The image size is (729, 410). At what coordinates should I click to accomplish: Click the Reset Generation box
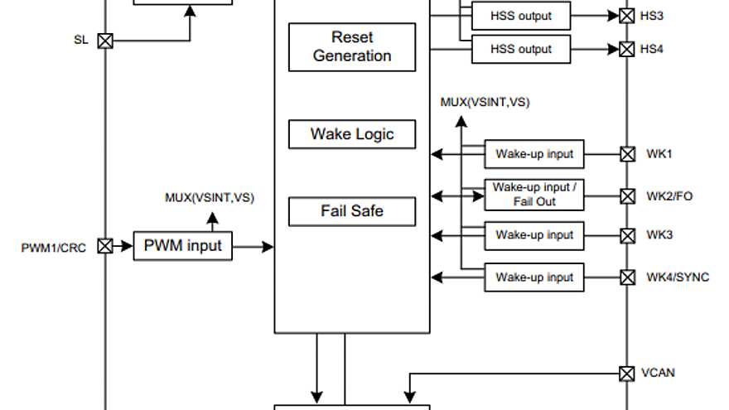click(x=352, y=47)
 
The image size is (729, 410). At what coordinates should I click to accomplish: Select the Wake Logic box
click(x=352, y=134)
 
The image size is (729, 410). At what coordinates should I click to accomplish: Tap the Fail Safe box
click(x=352, y=211)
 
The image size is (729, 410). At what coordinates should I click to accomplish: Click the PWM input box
click(x=183, y=246)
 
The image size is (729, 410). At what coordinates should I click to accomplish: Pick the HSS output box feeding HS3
click(x=521, y=16)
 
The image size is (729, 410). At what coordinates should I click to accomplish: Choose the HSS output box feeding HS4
click(x=521, y=49)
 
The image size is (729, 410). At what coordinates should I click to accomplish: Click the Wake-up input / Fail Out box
click(x=534, y=195)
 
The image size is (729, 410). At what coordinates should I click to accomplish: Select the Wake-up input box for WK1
click(x=534, y=154)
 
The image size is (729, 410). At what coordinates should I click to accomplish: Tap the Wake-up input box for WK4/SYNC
click(x=534, y=277)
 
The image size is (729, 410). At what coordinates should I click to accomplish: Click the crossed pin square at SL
click(x=105, y=41)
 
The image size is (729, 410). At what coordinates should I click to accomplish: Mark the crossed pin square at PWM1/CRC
click(x=105, y=246)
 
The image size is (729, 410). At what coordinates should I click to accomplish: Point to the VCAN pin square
click(x=627, y=374)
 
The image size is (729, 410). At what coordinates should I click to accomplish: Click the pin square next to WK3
click(x=628, y=236)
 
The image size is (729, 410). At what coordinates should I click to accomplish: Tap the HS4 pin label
click(x=651, y=49)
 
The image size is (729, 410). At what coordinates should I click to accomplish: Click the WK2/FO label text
click(x=669, y=196)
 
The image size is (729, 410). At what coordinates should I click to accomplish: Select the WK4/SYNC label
click(x=678, y=277)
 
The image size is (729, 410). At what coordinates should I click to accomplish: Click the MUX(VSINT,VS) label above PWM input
click(x=210, y=198)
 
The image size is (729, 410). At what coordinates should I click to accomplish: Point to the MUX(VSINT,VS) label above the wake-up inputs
click(x=485, y=102)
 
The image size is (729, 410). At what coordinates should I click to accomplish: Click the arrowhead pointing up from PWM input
click(x=212, y=218)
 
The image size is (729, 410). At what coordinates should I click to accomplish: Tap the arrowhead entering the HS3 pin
click(x=613, y=16)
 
